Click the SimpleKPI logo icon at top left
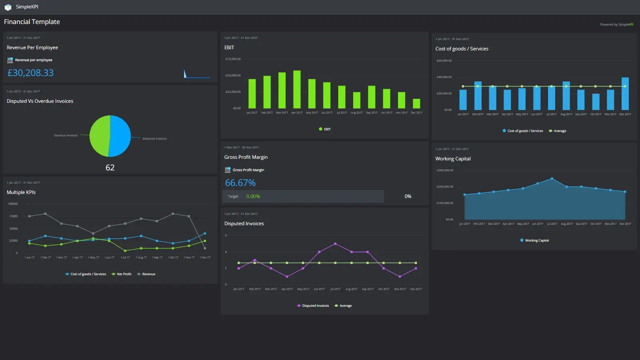pos(8,7)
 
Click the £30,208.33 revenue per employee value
pos(30,73)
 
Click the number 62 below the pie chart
pos(110,168)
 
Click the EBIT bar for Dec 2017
pos(416,104)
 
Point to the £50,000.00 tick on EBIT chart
pos(233,75)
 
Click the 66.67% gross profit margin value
pos(240,183)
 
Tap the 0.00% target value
pos(253,196)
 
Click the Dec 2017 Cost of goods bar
pos(625,94)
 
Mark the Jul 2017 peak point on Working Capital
pos(552,178)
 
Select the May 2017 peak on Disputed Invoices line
pos(335,244)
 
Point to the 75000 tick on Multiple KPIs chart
pos(14,216)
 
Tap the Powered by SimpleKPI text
pos(616,24)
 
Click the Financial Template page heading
pos(32,22)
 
